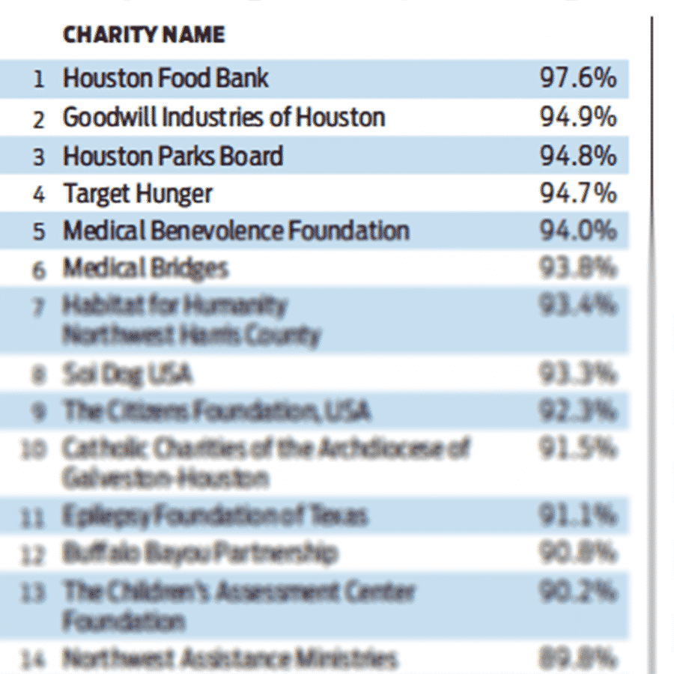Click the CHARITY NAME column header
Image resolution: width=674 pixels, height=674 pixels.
point(144,35)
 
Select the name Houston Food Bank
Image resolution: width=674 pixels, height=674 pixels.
point(166,78)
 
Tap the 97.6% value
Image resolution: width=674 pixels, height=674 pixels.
point(578,78)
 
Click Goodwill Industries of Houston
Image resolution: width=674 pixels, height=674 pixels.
point(224,117)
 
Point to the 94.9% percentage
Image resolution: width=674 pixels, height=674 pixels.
point(578,117)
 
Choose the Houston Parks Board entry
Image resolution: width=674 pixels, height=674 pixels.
point(173,156)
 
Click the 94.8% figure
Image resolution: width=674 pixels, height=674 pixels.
point(578,156)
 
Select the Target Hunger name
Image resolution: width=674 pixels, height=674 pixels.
point(138,194)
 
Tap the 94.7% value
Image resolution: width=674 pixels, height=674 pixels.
point(578,194)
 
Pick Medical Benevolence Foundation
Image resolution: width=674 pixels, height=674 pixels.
point(236,231)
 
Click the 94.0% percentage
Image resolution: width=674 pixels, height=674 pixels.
point(578,231)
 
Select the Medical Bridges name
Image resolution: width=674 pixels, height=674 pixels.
point(145,268)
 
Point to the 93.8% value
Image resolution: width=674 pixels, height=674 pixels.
point(578,268)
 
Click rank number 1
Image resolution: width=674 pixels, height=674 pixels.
point(39,79)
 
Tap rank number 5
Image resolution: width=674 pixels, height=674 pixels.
point(39,231)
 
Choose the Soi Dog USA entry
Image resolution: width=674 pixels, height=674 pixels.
point(127,374)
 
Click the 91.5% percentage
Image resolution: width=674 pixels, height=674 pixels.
point(578,448)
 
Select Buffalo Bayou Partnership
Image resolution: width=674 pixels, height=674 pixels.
point(200,554)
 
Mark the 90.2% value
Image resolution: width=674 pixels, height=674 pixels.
point(578,592)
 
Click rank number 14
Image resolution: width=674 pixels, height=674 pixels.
point(35,660)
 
